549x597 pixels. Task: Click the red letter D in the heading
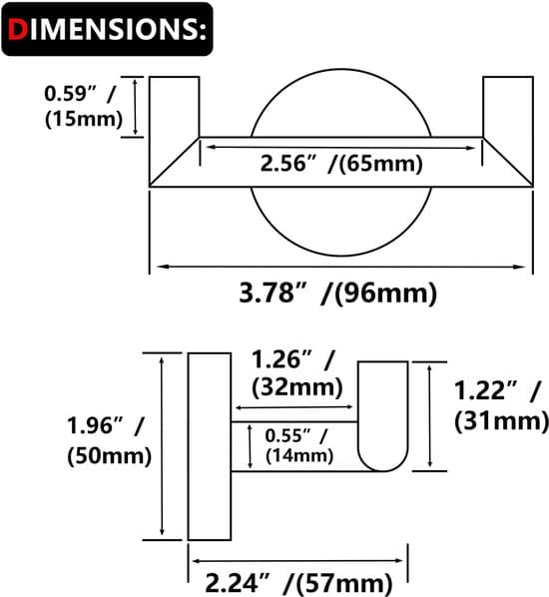pos(18,29)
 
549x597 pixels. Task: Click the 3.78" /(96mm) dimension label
pos(338,294)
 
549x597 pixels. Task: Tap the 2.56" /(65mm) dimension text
pos(341,164)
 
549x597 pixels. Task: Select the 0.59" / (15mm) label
pos(84,106)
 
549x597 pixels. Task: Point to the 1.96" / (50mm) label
pos(109,441)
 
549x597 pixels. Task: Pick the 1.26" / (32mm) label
pos(297,374)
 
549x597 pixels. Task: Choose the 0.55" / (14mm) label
pos(299,446)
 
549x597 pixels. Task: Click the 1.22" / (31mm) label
pos(501,406)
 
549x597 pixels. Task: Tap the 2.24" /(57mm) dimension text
pos(298,583)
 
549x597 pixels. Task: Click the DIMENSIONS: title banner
pos(107,29)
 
